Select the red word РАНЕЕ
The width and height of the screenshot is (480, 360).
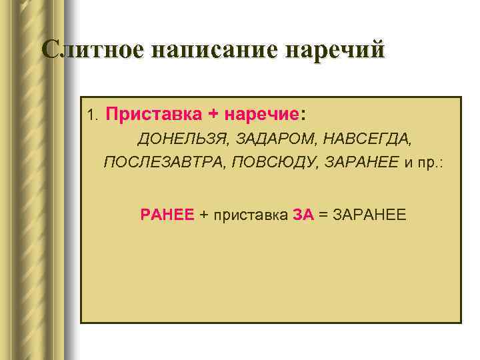point(167,214)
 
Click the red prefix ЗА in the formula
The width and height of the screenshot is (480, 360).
point(303,214)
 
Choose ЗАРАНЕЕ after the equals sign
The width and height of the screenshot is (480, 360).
point(368,214)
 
